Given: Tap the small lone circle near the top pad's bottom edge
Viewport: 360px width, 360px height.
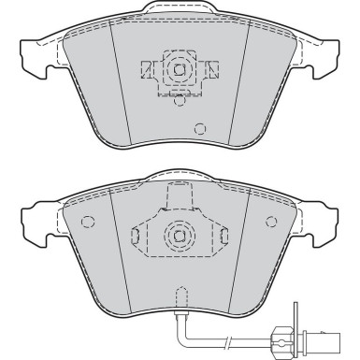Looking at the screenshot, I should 198,129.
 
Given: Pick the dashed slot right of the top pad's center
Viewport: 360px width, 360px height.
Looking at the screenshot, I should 213,68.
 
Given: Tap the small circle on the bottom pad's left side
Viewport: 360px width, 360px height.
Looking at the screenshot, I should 88,222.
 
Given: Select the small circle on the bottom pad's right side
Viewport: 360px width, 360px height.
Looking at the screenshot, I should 272,222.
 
